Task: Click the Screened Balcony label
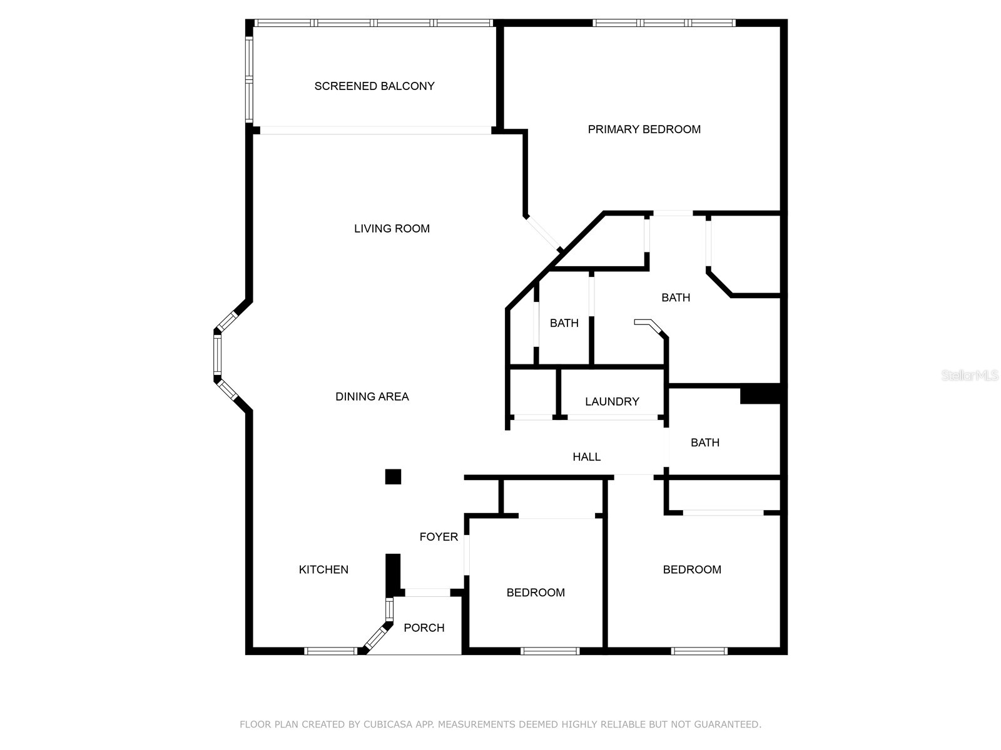coord(374,86)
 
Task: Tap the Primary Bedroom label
coord(644,129)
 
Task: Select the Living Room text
coord(392,229)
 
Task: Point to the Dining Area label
coord(372,396)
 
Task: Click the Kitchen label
coord(323,569)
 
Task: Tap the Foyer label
coord(439,537)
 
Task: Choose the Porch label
coord(424,627)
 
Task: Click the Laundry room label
coord(612,401)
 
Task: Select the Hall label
coord(586,457)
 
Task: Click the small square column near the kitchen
coord(393,477)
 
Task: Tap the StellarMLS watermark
coord(970,376)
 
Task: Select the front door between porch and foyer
coord(427,592)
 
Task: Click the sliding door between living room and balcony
coord(375,131)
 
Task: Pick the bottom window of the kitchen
coord(330,651)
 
